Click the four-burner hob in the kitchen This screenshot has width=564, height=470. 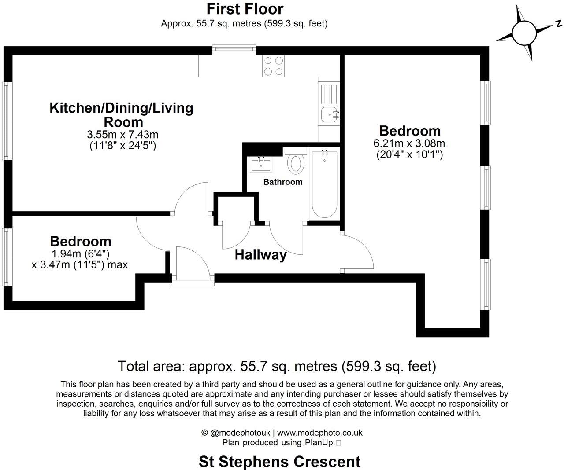[x=273, y=66]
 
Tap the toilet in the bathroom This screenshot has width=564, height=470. [x=296, y=163]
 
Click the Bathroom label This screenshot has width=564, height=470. [x=283, y=182]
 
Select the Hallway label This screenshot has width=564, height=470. [x=260, y=254]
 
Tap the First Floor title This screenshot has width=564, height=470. [x=245, y=9]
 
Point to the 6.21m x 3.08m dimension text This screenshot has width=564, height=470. [x=409, y=143]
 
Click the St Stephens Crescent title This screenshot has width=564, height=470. [x=279, y=462]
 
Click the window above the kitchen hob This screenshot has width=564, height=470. [x=234, y=50]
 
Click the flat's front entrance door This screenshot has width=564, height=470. [x=193, y=264]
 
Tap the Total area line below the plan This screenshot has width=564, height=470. [x=277, y=366]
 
